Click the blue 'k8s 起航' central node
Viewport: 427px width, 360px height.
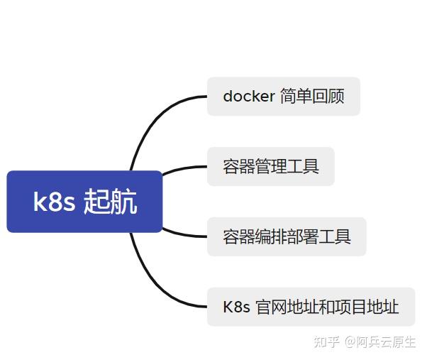point(84,202)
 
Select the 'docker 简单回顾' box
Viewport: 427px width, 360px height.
point(283,97)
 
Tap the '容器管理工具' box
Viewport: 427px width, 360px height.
point(270,167)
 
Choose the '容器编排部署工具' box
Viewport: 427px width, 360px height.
point(286,236)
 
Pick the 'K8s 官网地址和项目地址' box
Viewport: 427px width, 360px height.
point(311,307)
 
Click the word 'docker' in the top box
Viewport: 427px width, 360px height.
point(248,97)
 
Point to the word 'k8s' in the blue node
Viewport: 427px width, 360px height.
point(54,202)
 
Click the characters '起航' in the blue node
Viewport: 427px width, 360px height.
point(110,202)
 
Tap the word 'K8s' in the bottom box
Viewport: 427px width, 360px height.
point(236,307)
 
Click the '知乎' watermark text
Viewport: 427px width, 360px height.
point(327,342)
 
